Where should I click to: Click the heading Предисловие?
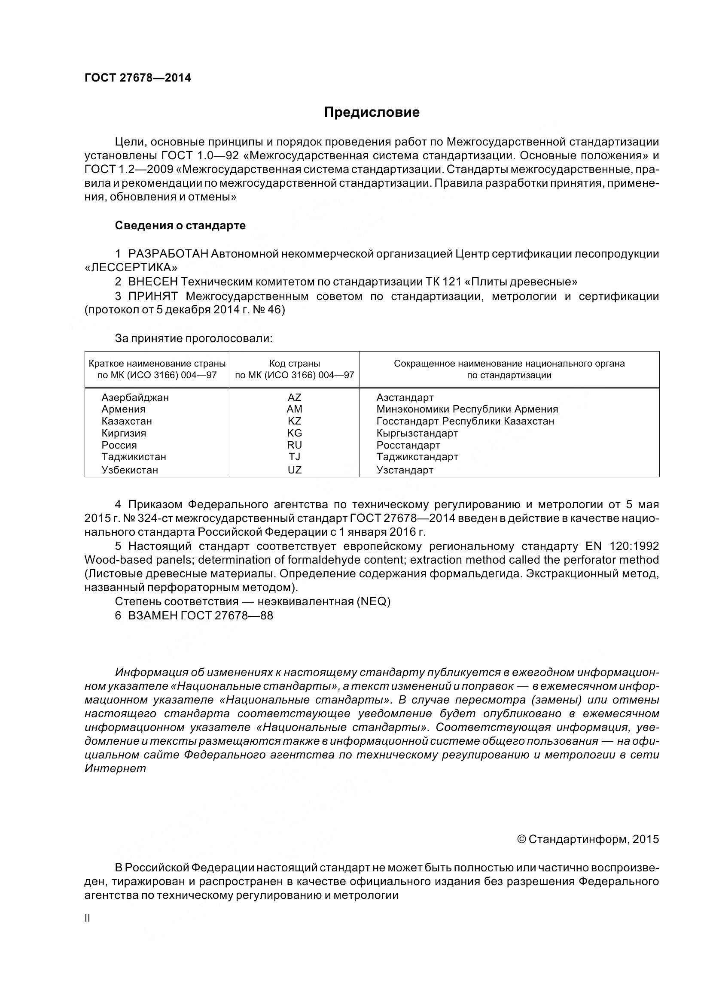(x=372, y=112)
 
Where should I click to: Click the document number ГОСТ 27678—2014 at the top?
(x=137, y=78)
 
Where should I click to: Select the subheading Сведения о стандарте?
(x=180, y=226)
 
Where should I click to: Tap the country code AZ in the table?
(x=294, y=397)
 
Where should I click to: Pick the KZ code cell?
(x=294, y=421)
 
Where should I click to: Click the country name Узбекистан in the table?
(x=129, y=470)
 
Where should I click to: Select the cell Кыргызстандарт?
(x=417, y=434)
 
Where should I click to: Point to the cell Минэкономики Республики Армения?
(x=467, y=409)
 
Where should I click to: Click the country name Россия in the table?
(x=119, y=445)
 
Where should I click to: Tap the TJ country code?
(x=294, y=457)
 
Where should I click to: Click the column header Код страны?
(x=294, y=364)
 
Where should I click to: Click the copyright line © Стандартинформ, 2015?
(x=588, y=839)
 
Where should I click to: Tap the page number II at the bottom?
(x=88, y=918)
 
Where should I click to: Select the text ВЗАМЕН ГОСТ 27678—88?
(x=200, y=616)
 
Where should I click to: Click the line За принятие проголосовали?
(x=193, y=338)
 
